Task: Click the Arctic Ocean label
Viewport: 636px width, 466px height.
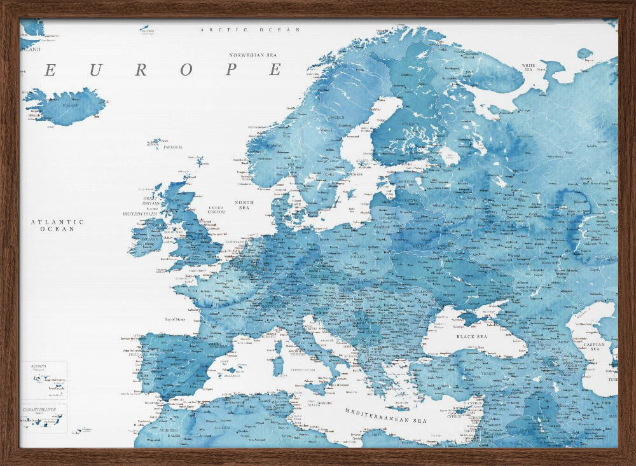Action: coord(249,30)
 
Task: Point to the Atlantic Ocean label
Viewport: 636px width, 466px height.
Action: coord(58,225)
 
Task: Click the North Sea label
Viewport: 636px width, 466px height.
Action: coord(244,205)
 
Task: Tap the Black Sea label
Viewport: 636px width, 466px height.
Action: coord(471,336)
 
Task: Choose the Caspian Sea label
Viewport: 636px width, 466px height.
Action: coord(596,345)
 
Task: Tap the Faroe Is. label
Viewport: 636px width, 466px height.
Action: coord(172,147)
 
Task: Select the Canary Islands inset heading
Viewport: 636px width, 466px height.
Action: coord(39,409)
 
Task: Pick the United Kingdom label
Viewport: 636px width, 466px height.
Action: coord(217,210)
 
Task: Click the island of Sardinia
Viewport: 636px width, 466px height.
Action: coord(277,366)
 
